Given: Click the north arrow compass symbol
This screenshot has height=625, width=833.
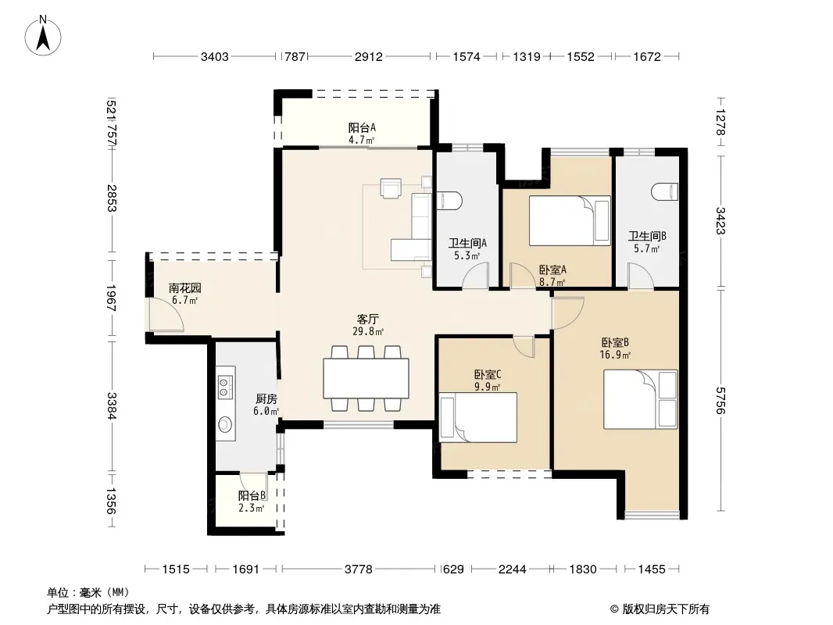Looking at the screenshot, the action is coord(43,36).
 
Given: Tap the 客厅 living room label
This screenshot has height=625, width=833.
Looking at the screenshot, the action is coord(367,319).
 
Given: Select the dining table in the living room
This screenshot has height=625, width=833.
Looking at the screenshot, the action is coord(366,379).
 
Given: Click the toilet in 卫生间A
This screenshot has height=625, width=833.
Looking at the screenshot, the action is coord(449,200).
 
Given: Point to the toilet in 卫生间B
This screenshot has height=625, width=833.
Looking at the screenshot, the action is coord(665,191).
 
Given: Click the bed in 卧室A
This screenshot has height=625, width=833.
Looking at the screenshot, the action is coord(570,220).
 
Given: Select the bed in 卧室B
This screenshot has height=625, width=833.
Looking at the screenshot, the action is coord(640,399).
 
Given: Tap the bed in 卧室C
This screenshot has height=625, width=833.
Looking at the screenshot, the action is coord(478,417).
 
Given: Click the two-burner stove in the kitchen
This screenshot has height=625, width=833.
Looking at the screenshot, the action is coord(224,387).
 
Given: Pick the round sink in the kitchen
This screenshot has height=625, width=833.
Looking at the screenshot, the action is coord(225,424).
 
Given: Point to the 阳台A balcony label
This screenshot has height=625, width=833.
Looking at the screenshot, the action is coord(362,127).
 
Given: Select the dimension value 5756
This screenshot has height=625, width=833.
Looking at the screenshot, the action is coord(720,400).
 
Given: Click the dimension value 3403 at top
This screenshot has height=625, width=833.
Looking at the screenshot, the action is coord(215,56).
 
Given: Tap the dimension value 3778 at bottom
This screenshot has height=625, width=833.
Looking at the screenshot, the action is coord(359,570).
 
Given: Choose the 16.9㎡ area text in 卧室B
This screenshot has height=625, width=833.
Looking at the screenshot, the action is coord(615,355).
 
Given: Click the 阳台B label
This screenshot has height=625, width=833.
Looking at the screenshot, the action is coord(252,495).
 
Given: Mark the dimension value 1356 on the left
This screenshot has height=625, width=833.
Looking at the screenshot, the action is coord(110,501).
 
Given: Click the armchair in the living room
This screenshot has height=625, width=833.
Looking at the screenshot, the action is coord(391,188).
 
